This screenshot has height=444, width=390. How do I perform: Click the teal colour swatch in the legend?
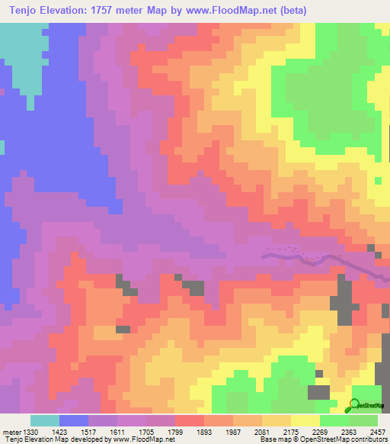click(45, 420)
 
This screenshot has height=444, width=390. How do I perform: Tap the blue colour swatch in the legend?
click(74, 420)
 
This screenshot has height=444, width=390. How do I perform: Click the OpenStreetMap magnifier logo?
click(355, 405)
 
